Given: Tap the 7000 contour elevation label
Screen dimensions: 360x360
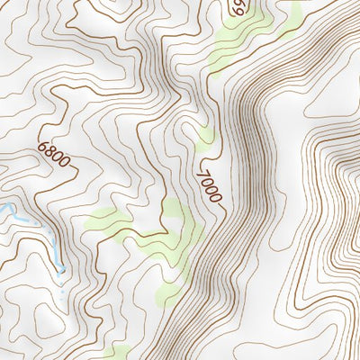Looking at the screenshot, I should tap(209, 184).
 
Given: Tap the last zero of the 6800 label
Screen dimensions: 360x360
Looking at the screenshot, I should tap(65, 163).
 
